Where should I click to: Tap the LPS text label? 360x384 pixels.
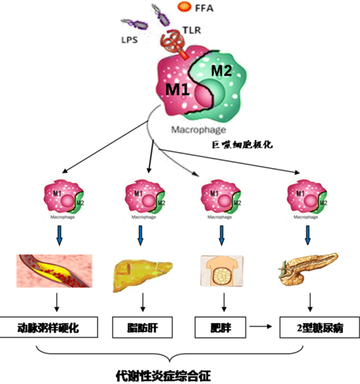pos(130,40)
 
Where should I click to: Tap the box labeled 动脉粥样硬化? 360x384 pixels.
pos(59,328)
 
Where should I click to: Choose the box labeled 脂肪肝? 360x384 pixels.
pos(140,328)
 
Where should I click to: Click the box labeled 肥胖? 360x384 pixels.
pos(220,328)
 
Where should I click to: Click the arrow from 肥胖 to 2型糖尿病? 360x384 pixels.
pos(260,328)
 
